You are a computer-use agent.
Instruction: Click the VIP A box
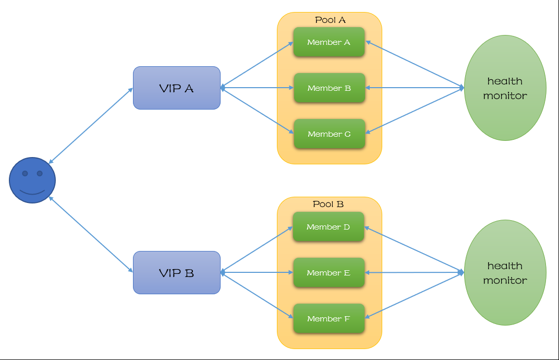(x=177, y=88)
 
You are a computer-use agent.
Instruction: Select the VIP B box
(x=177, y=272)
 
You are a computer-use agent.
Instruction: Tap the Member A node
(x=329, y=42)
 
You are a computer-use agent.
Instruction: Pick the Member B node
(x=329, y=88)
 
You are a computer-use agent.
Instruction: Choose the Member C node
(x=329, y=134)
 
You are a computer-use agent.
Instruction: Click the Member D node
(x=328, y=227)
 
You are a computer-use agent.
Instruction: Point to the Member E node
(x=328, y=273)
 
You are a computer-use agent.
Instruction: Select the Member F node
(x=328, y=319)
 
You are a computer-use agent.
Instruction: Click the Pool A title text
(x=330, y=20)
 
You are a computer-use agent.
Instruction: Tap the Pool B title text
(x=328, y=204)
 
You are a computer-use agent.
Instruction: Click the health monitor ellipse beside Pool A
(x=505, y=88)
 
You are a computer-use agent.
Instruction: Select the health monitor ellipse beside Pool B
(x=505, y=272)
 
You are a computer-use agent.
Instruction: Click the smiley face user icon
(x=32, y=180)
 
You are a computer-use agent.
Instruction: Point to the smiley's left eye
(x=25, y=173)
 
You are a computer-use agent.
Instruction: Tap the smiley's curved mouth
(x=32, y=191)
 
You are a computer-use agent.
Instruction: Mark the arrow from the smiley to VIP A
(x=91, y=126)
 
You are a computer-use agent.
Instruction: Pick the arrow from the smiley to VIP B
(x=91, y=234)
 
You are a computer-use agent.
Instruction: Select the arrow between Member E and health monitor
(x=415, y=272)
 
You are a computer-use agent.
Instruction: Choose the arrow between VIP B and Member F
(x=257, y=295)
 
